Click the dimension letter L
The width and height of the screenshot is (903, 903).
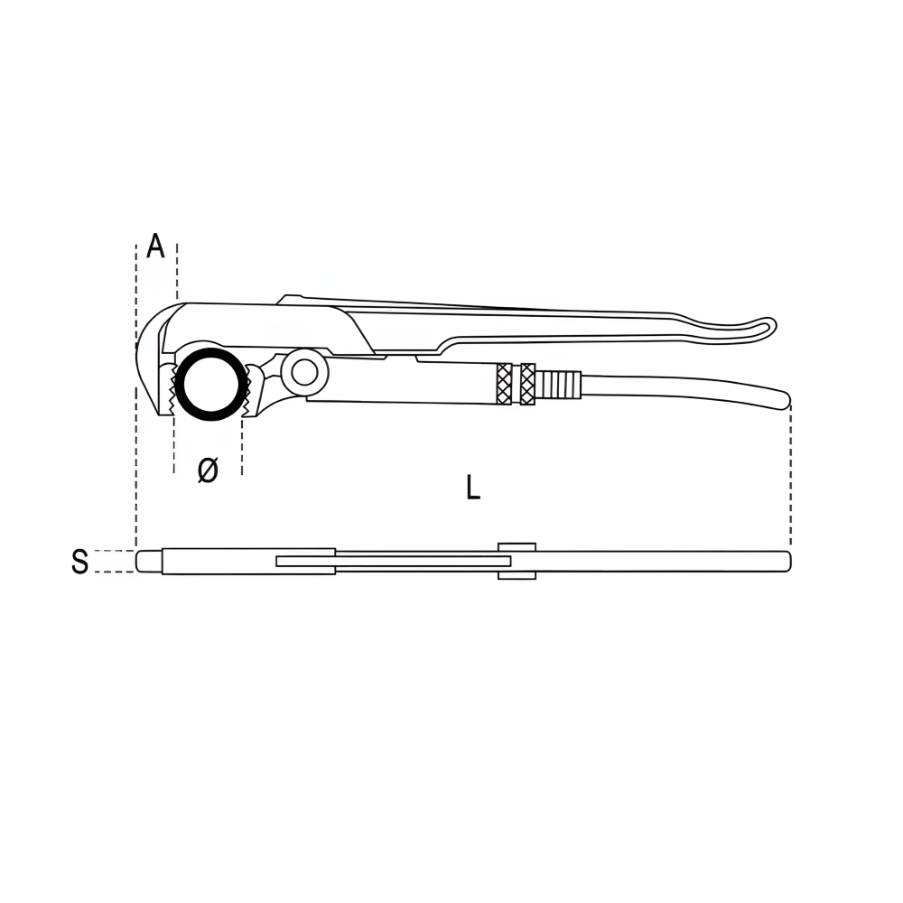pyautogui.click(x=473, y=488)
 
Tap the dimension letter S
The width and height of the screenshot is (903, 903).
pyautogui.click(x=80, y=562)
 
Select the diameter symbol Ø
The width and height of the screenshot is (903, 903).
pyautogui.click(x=208, y=470)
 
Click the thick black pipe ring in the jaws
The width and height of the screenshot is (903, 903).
pyautogui.click(x=211, y=352)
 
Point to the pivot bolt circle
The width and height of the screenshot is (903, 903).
pyautogui.click(x=304, y=373)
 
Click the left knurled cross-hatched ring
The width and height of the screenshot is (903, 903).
pyautogui.click(x=504, y=384)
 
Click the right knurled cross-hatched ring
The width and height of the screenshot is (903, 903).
pyautogui.click(x=527, y=384)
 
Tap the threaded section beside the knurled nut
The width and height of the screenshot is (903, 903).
pyautogui.click(x=558, y=384)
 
